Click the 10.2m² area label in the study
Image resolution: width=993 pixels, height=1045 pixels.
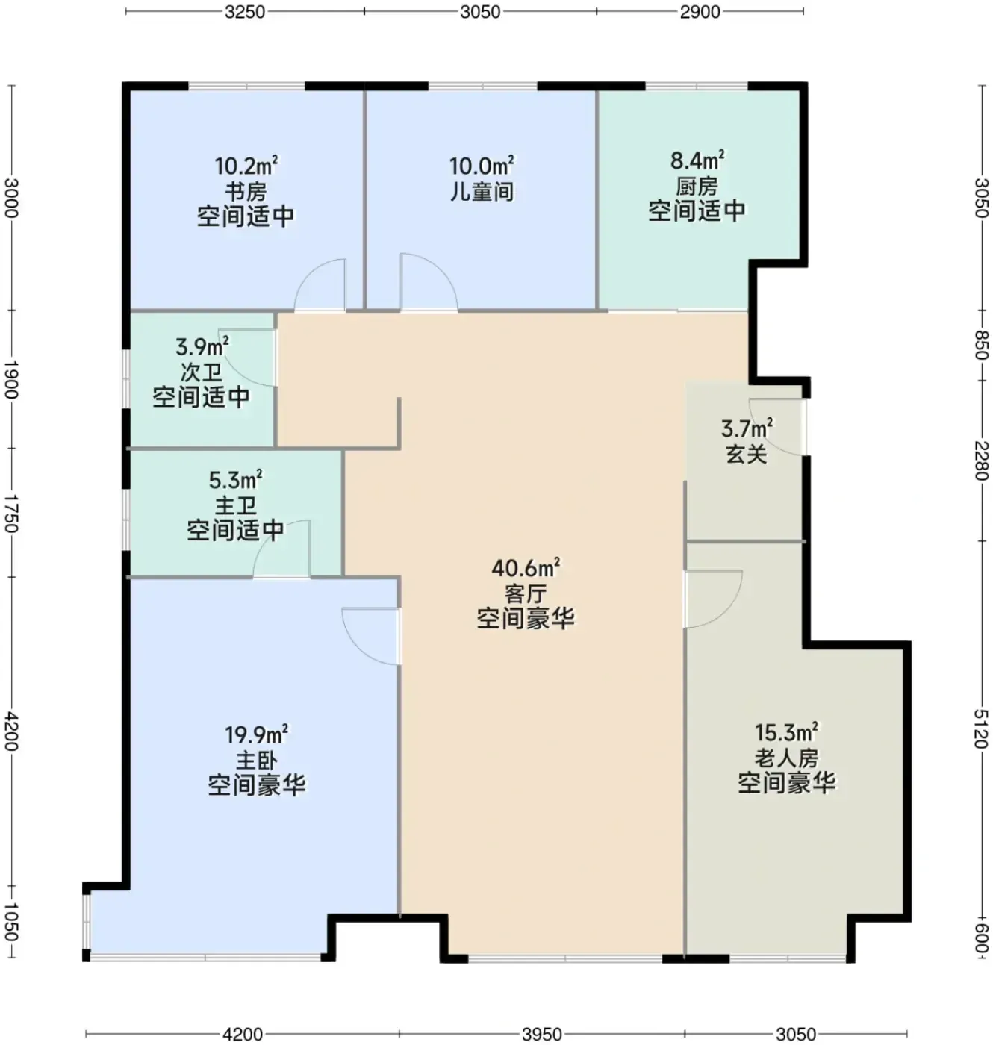click(246, 166)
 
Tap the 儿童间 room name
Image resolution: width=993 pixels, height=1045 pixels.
click(482, 191)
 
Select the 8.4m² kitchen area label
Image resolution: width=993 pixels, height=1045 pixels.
click(697, 160)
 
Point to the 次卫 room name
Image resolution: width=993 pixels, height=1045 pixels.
click(201, 372)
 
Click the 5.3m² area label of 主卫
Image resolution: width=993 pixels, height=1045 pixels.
click(235, 481)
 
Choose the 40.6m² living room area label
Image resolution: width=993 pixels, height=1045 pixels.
click(525, 568)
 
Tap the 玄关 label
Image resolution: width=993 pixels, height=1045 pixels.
click(746, 455)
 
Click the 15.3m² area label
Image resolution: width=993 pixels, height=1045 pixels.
click(787, 733)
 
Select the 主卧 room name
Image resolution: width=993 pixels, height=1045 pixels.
click(257, 761)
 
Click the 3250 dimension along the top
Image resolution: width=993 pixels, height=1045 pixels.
click(245, 12)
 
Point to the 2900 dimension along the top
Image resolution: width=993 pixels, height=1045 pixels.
click(700, 12)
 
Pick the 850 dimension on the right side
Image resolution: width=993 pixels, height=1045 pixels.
click(982, 346)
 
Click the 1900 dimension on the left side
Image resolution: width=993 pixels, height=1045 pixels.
click(10, 379)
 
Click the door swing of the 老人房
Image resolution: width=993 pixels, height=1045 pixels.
click(729, 611)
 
